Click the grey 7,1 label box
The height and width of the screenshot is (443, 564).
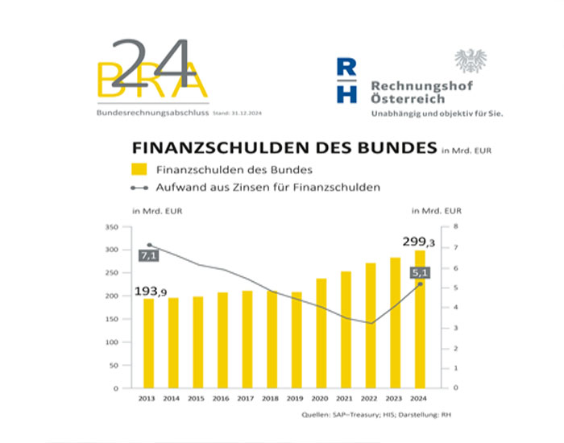(148, 255)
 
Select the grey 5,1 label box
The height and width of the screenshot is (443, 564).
(419, 272)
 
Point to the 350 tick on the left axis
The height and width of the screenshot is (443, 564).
(112, 227)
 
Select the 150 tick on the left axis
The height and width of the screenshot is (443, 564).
(112, 319)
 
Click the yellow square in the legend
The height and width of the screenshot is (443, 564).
(139, 169)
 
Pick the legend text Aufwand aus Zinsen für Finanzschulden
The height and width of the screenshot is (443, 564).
(268, 187)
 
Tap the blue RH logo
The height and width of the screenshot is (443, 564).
(346, 80)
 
